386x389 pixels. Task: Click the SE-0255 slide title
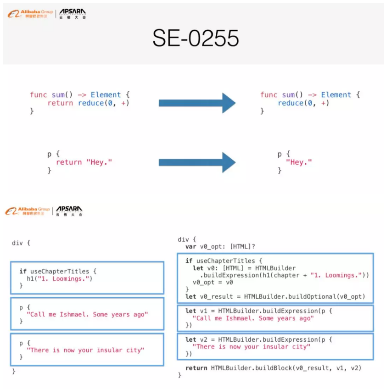point(196,39)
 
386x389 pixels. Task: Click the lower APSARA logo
point(69,211)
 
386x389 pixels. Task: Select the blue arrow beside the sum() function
point(197,103)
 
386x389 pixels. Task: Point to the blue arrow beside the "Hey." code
point(197,162)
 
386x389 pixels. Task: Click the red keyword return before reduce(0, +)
point(60,103)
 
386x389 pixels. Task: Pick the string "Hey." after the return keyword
point(99,162)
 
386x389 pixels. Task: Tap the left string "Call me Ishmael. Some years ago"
point(87,314)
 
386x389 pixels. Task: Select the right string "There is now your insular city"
point(252,347)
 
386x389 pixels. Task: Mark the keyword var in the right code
point(191,247)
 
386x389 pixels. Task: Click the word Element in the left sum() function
point(106,95)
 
